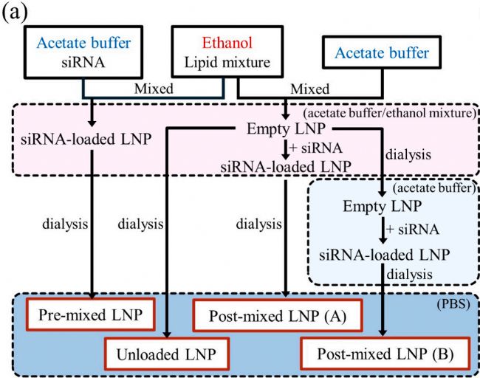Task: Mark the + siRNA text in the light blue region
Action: [399, 229]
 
